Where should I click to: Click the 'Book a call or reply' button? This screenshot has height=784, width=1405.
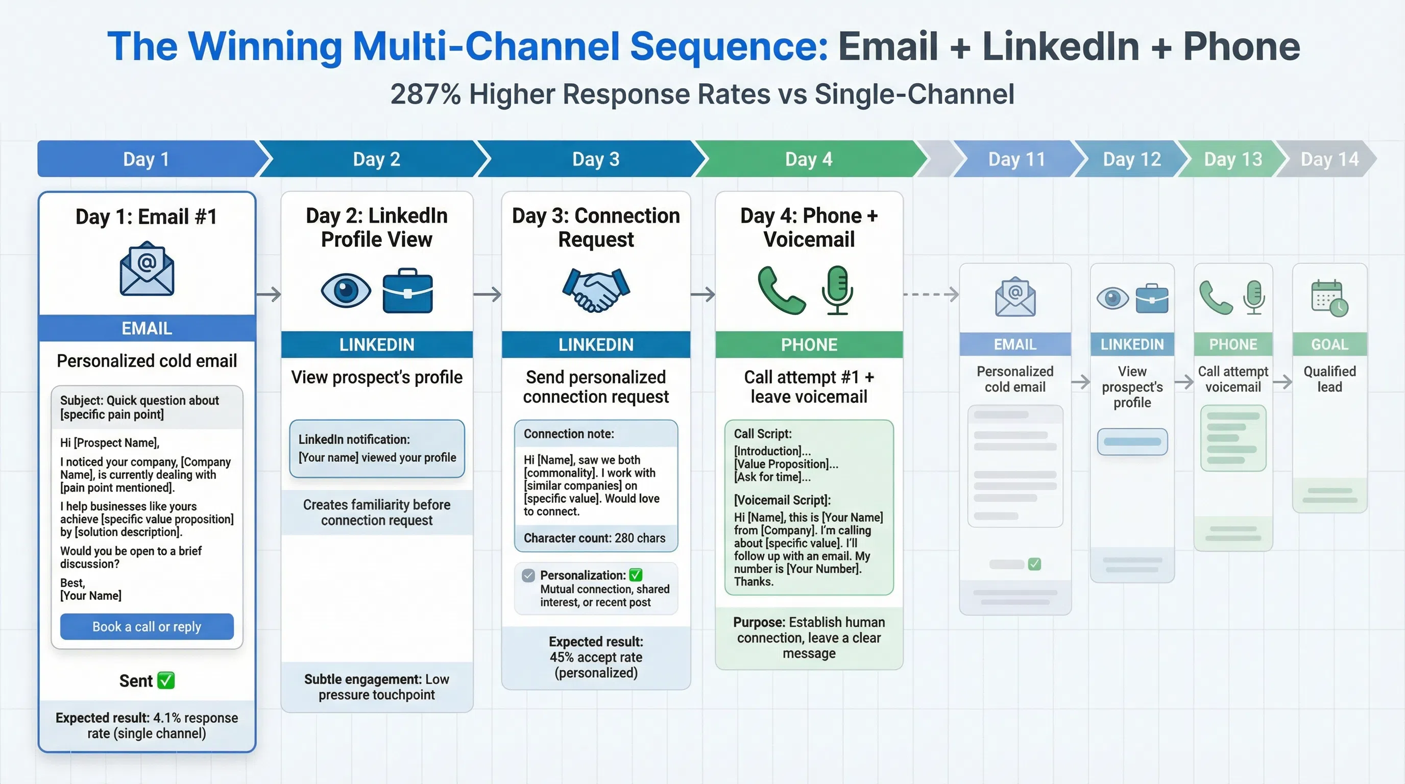tap(147, 626)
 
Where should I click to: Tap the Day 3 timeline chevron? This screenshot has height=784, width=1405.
tap(596, 159)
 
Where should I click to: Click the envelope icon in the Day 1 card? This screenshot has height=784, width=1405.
tap(147, 269)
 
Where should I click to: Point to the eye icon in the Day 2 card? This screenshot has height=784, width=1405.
tap(346, 290)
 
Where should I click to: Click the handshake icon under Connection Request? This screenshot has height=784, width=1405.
tap(596, 289)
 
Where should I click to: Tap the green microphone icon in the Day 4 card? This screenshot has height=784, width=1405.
tap(837, 289)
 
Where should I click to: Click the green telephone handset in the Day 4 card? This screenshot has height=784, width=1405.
tap(781, 290)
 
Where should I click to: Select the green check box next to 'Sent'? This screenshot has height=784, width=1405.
tap(166, 680)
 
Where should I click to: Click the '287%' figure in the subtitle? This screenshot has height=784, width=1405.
tap(425, 94)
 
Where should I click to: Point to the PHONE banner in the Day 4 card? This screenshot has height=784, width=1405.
tap(809, 345)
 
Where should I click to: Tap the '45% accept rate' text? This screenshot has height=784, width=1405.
tap(596, 657)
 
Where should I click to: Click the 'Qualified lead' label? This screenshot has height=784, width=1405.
tap(1329, 379)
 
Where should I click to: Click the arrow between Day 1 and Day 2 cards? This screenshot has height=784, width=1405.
tap(269, 295)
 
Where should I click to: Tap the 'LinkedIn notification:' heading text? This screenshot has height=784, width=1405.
tap(354, 439)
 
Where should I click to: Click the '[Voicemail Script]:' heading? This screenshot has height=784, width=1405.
tap(782, 500)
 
